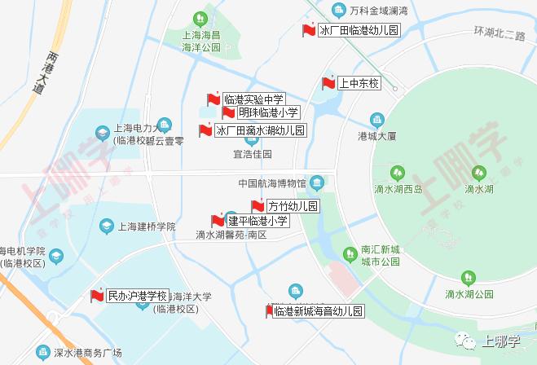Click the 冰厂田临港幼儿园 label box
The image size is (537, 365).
359,31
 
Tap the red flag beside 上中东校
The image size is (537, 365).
328,83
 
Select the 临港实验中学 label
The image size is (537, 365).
253,99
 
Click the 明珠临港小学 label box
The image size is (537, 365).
269,112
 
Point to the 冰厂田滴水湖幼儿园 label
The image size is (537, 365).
260,130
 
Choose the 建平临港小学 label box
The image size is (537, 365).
257,221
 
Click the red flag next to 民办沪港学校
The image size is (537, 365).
97,295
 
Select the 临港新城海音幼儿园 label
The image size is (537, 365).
318,312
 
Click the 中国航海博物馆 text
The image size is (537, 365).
271,182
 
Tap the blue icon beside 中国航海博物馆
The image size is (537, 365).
318,182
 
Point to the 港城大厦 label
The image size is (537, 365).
376,135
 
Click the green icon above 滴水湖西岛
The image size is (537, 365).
397,173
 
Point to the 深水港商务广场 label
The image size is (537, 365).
87,353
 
